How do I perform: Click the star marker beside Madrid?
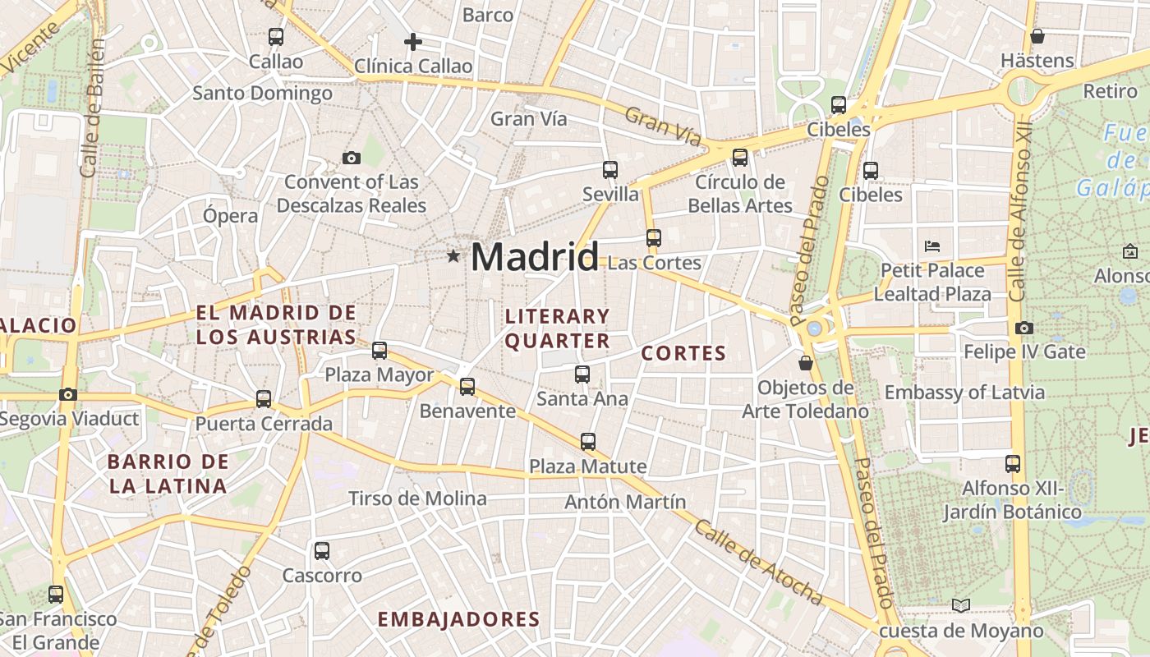[x=453, y=256]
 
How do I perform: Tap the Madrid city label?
[x=535, y=257]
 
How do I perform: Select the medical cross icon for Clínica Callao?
[x=413, y=41]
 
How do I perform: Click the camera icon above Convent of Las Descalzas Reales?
[x=352, y=158]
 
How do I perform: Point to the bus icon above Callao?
[x=276, y=37]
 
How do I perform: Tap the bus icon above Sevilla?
[x=610, y=170]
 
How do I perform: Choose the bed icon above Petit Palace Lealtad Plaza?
[x=931, y=246]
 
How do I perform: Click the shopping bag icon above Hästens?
[x=1037, y=36]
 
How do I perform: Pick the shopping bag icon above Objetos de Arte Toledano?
[x=806, y=363]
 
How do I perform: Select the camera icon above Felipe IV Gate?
[x=1023, y=328]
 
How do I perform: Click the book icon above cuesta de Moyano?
[x=961, y=606]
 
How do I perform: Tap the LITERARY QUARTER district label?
[x=558, y=328]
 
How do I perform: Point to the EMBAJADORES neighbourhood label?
[x=459, y=619]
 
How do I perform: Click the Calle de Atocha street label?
[x=757, y=563]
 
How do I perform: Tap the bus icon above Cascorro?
[x=322, y=551]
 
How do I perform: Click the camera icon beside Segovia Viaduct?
[x=68, y=395]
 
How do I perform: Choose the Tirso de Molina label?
[x=417, y=498]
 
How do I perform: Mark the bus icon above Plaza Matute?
[x=588, y=442]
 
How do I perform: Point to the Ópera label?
[x=231, y=216]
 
